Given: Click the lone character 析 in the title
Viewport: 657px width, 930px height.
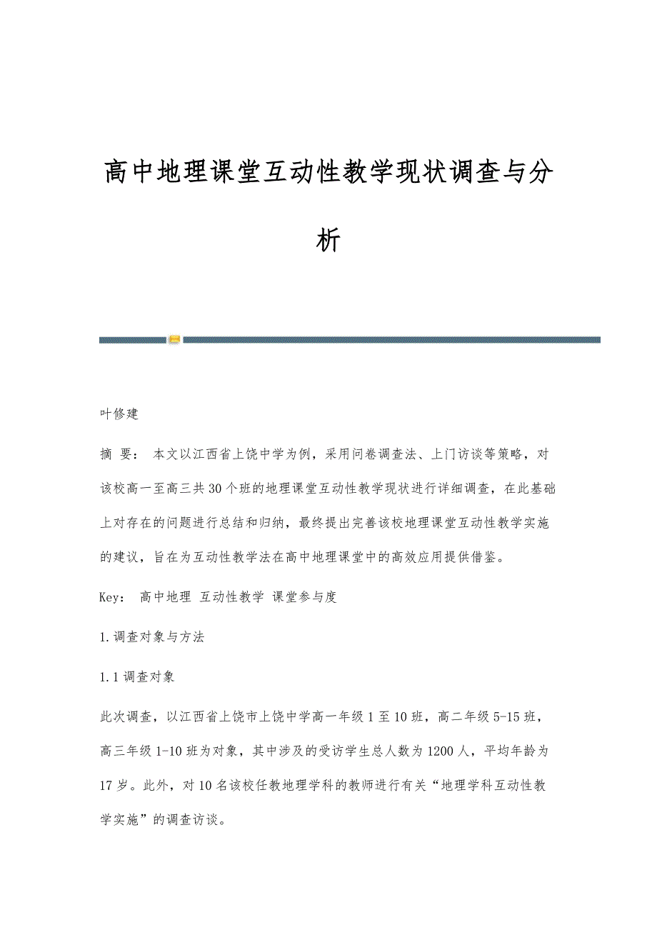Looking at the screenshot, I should tap(328, 241).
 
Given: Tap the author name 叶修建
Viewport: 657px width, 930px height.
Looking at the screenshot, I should tap(119, 414).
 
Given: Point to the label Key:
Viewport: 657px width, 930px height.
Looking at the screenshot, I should tap(113, 597).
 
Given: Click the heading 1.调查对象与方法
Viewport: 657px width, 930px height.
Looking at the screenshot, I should tap(152, 637).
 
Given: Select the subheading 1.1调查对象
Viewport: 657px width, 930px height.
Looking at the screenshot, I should tap(137, 676).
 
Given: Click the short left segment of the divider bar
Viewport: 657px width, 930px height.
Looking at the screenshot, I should tap(132, 340).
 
